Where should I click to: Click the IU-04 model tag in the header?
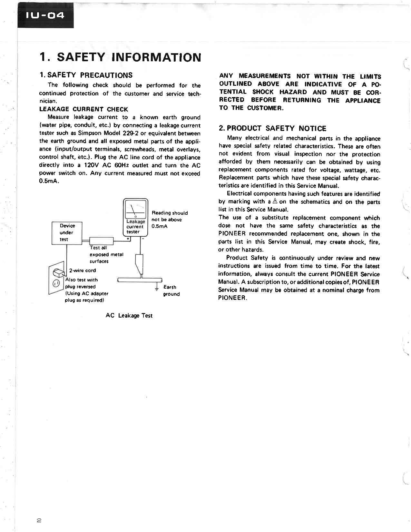(x=45, y=15)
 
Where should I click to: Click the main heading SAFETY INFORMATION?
(x=120, y=57)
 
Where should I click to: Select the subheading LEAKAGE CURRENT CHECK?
(x=83, y=109)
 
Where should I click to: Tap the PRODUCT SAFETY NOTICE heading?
(x=272, y=128)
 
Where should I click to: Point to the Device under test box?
(x=67, y=232)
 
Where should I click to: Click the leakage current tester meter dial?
(x=135, y=209)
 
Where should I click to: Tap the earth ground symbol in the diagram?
(x=157, y=288)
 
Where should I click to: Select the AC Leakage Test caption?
(x=129, y=315)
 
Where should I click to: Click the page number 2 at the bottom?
(x=39, y=520)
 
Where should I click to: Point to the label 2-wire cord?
(x=83, y=270)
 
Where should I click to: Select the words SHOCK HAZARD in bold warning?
(x=279, y=92)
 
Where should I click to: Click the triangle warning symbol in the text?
(x=275, y=201)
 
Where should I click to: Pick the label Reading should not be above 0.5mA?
(x=169, y=219)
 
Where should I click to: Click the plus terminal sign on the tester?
(x=128, y=239)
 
